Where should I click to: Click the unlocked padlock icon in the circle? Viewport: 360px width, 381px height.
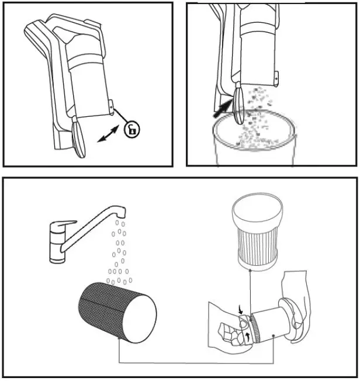tap(132, 129)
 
